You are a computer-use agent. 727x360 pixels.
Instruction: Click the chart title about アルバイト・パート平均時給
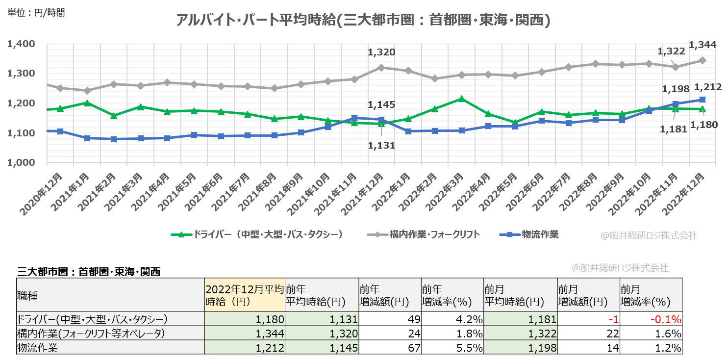click(x=363, y=20)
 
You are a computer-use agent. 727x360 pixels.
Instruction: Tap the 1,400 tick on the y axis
click(x=21, y=44)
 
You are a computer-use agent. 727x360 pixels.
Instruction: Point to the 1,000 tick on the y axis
click(x=21, y=163)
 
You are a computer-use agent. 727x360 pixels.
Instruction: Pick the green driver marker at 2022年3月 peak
click(x=461, y=99)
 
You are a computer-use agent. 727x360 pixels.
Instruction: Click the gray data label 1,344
click(x=702, y=45)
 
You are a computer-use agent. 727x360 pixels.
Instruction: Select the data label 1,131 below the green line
click(x=381, y=145)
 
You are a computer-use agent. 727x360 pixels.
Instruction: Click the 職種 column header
click(x=27, y=296)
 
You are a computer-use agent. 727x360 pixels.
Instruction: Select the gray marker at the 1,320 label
click(x=381, y=67)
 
